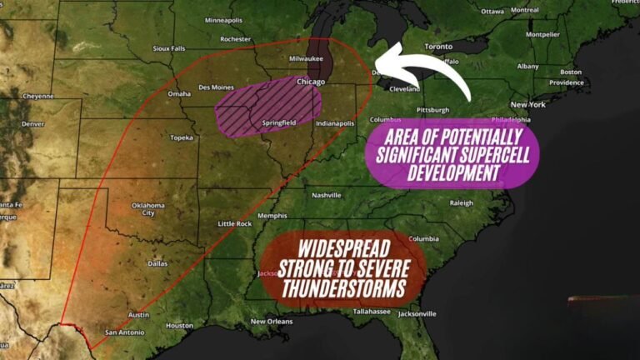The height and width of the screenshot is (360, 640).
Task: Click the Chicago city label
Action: [310, 82]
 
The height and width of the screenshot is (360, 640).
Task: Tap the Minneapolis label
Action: [223, 20]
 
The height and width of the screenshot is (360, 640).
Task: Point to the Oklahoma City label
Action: [147, 208]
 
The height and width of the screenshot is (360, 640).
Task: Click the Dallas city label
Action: [157, 263]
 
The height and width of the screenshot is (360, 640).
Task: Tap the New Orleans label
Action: [271, 321]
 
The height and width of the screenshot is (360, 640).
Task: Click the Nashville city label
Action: [326, 195]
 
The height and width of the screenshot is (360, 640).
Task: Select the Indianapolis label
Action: [334, 123]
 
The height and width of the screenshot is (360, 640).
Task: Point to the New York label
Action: [527, 104]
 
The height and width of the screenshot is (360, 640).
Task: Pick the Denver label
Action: [32, 123]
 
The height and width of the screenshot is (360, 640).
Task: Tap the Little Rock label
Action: [234, 223]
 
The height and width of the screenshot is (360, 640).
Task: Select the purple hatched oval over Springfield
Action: [268, 108]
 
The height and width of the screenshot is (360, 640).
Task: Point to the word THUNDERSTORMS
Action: [342, 289]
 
